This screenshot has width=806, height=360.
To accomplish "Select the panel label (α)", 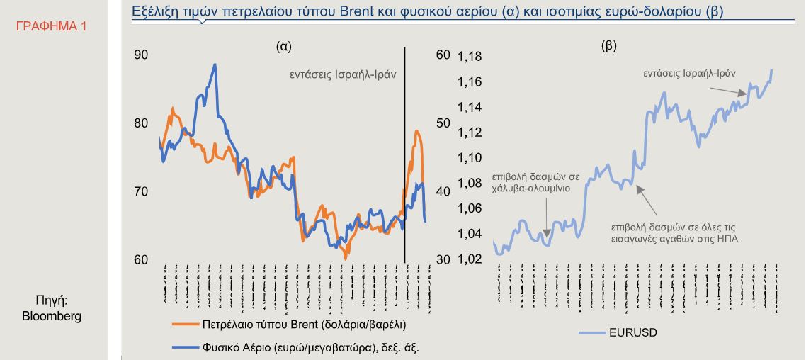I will click(x=284, y=47).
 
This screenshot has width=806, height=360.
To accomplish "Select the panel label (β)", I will click(x=608, y=47).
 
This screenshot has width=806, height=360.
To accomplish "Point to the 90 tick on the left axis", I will click(x=140, y=55).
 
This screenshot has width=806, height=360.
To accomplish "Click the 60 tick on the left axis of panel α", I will click(x=140, y=259).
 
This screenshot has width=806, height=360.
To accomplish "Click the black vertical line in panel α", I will click(x=404, y=156).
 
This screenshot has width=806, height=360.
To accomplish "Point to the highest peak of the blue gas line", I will click(x=215, y=64).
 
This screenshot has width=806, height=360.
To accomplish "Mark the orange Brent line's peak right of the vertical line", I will click(x=417, y=131).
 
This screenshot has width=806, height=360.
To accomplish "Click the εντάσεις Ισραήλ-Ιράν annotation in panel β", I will click(x=689, y=72).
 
